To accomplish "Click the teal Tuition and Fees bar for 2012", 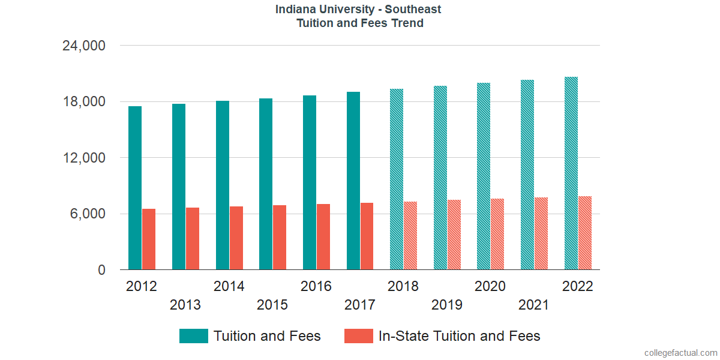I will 135,188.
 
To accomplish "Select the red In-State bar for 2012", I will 149,239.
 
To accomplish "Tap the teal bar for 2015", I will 266,184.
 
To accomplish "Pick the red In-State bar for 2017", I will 367,236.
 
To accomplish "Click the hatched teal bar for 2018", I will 397,179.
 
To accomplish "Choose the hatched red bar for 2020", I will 497,234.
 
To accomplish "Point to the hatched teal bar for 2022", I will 571,173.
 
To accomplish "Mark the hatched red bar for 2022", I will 585,233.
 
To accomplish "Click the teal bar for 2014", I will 223,185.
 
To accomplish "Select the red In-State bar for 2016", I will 323,237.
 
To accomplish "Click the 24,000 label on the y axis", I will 84,46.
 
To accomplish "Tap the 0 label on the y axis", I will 102,271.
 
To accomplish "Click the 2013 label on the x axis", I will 185,305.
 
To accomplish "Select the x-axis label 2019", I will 447,305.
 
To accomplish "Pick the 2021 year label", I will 534,305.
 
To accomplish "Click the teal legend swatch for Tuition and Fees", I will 194,336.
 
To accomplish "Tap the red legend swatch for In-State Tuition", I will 359,336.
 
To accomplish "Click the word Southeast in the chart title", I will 413,9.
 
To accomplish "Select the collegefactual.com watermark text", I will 680,353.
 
